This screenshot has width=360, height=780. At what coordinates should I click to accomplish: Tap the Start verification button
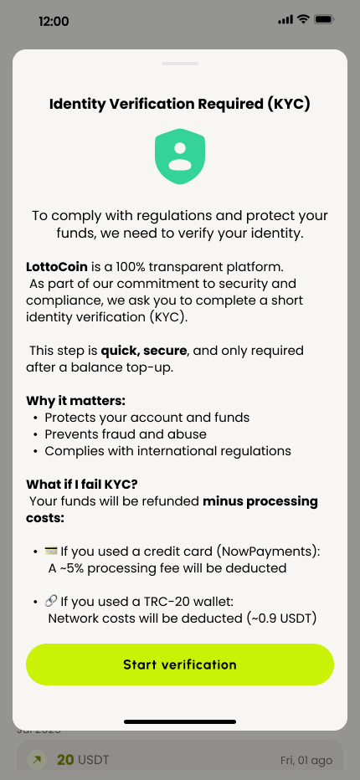(x=180, y=665)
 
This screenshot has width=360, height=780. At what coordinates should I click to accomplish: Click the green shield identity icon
(x=180, y=157)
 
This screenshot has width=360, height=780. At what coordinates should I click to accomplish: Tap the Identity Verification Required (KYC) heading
(x=180, y=104)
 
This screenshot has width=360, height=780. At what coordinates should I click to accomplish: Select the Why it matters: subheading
(x=76, y=401)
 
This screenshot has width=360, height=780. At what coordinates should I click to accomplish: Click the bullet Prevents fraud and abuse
(x=126, y=434)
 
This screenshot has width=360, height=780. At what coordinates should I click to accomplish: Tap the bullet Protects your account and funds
(x=147, y=418)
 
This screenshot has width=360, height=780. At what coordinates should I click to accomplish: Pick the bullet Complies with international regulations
(x=167, y=451)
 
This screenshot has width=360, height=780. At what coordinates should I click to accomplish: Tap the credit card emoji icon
(x=51, y=552)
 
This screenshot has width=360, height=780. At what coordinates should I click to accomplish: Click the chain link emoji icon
(x=51, y=602)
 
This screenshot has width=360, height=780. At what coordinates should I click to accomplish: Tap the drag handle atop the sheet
(x=180, y=63)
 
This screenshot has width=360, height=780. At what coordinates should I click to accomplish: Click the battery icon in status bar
(x=324, y=19)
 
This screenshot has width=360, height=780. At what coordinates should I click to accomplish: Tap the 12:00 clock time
(x=54, y=21)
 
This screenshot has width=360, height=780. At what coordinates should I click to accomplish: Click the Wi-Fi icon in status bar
(x=303, y=19)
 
